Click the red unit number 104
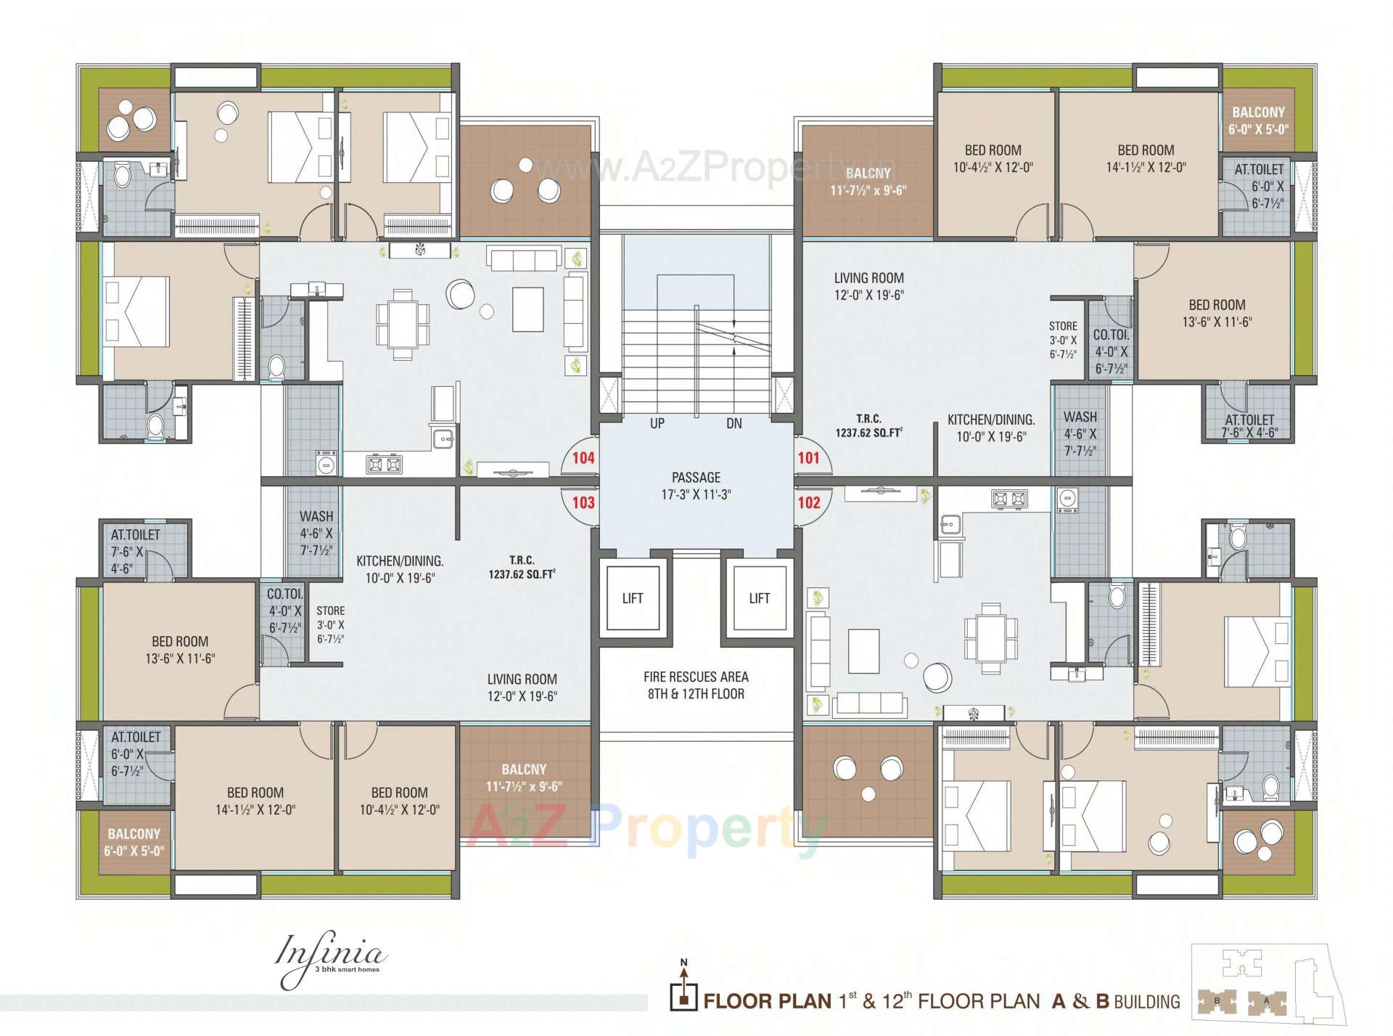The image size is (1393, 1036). (583, 457)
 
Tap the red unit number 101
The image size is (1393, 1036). (808, 457)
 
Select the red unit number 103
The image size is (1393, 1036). (583, 502)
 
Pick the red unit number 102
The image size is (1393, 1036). (808, 502)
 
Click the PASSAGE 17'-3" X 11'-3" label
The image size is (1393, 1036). (696, 486)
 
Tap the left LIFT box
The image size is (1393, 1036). (632, 598)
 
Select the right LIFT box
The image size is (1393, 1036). (759, 598)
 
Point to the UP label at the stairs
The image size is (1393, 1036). (657, 423)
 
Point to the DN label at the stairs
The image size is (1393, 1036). (734, 423)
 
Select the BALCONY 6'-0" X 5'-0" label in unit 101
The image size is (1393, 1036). (1258, 121)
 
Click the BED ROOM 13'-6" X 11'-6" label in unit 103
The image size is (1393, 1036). (180, 650)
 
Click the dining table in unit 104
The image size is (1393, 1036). (403, 324)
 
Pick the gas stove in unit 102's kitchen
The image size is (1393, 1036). (1009, 499)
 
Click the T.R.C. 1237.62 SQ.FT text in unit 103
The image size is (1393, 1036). (522, 567)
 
